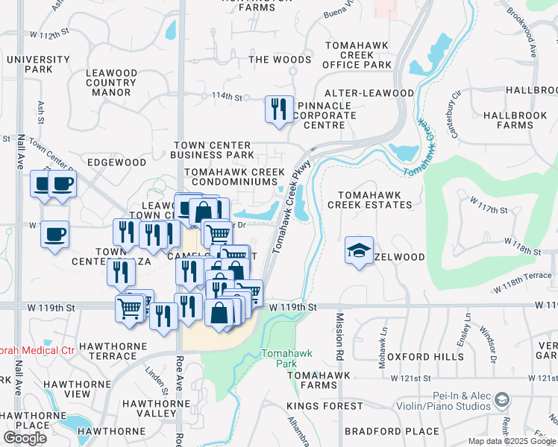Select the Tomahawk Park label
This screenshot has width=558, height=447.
[x=278, y=358]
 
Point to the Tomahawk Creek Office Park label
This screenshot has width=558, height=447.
[x=357, y=55]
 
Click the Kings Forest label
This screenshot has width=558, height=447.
[x=325, y=407]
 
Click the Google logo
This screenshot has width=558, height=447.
[x=25, y=438]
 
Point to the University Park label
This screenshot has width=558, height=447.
[x=37, y=64]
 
